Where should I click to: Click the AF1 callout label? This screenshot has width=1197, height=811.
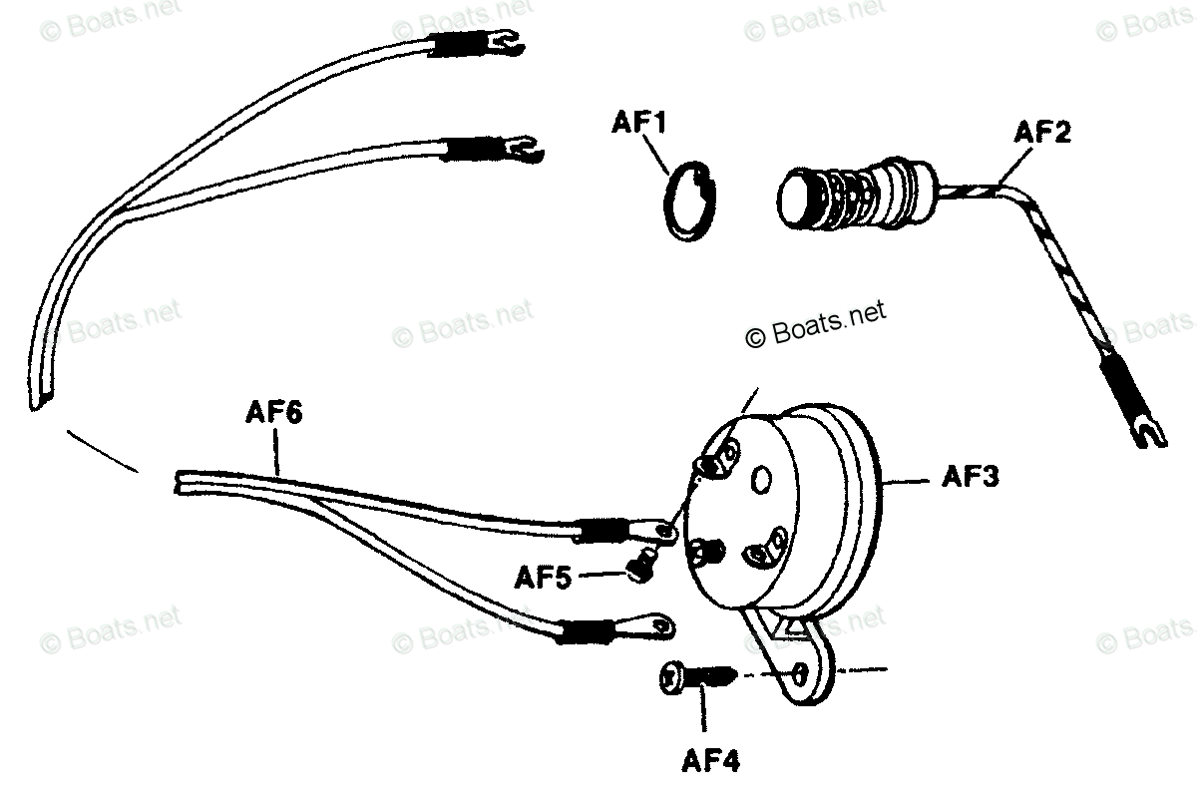click(x=638, y=124)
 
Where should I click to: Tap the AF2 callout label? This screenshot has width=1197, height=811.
click(x=1042, y=132)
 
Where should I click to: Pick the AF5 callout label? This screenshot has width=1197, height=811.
click(x=543, y=576)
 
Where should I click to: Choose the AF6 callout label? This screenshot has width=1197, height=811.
click(x=272, y=413)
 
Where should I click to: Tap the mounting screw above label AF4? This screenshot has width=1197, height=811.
click(x=697, y=677)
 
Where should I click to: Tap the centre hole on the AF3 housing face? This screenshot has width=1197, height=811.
click(x=762, y=481)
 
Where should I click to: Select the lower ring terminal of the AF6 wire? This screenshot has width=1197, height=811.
click(x=655, y=625)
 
